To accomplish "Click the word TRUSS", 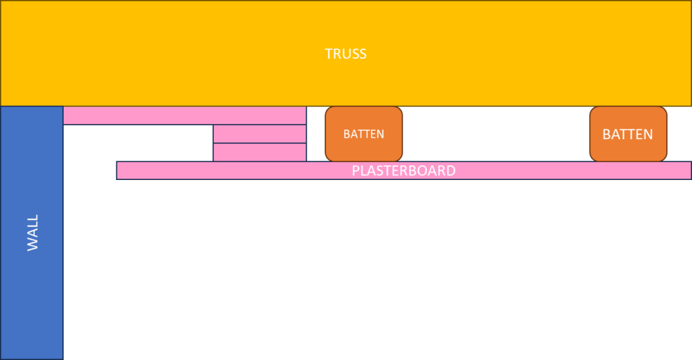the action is (x=345, y=54).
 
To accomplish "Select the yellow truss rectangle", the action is (x=345, y=53).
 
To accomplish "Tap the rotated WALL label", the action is (x=33, y=233).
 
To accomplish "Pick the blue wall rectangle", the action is (x=32, y=233).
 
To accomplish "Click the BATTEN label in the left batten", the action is (x=364, y=134).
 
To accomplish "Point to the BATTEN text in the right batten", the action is (x=628, y=134).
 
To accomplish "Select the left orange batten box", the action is (x=364, y=134).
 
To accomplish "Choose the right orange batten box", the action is (x=628, y=134).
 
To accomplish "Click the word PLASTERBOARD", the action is (x=403, y=170).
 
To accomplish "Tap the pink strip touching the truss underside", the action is (x=185, y=116).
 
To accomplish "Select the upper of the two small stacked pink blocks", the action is (x=259, y=134).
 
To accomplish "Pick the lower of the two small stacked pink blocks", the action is (x=259, y=152).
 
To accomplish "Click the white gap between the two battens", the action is (x=496, y=134).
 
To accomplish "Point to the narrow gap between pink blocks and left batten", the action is (x=316, y=134).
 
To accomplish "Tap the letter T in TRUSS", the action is (x=328, y=54).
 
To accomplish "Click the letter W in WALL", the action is (x=33, y=244).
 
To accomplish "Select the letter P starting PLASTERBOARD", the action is (x=355, y=170).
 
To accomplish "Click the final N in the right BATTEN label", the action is (x=648, y=134).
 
